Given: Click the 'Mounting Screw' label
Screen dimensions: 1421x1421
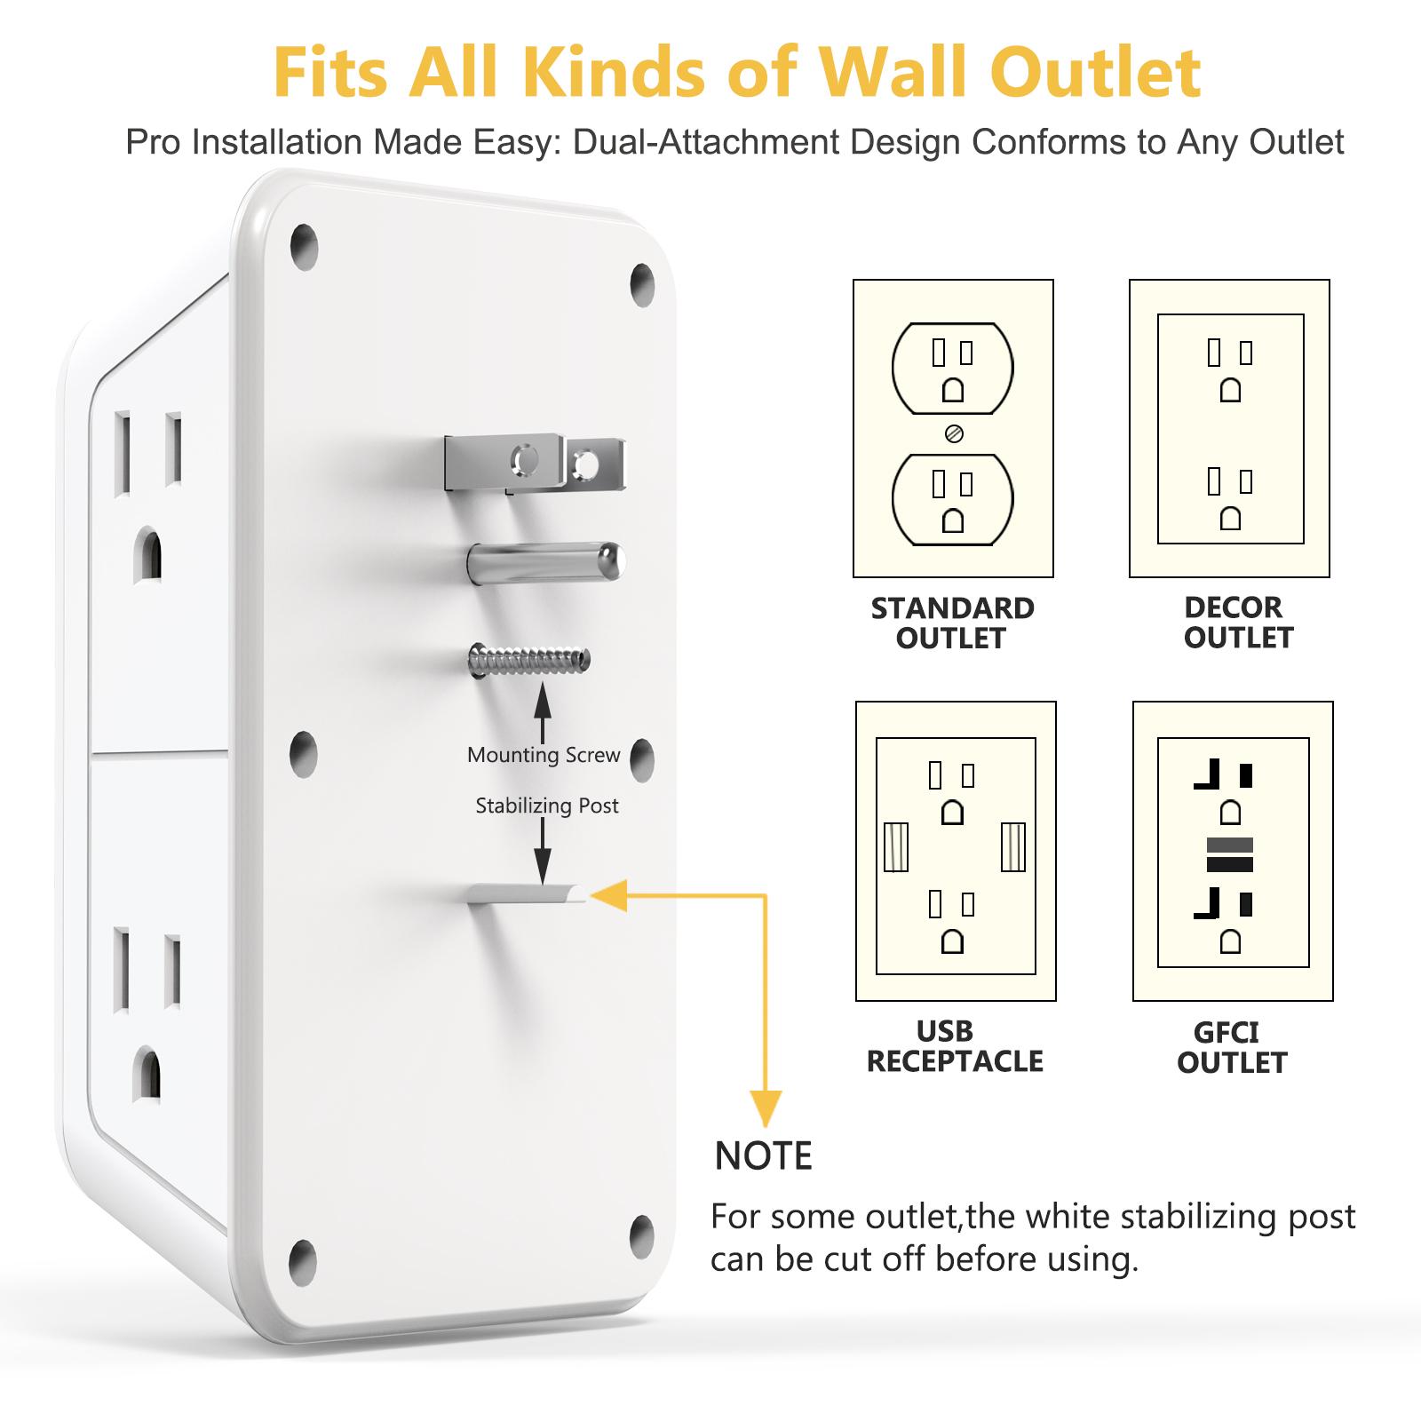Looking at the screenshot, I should click(544, 755).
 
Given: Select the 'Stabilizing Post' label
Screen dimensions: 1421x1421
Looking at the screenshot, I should click(546, 806).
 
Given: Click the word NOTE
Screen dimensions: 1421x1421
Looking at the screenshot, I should click(764, 1156).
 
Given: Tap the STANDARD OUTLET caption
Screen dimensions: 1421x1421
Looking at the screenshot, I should click(952, 623).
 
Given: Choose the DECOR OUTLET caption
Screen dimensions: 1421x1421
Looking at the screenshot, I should click(1237, 622).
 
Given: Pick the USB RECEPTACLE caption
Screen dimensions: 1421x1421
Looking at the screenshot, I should click(955, 1045).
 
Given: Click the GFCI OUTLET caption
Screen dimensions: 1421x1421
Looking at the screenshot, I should click(1232, 1047).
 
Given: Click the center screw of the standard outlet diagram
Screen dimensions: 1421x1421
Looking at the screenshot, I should click(955, 433).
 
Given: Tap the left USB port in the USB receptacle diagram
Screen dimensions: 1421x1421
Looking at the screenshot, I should click(896, 847).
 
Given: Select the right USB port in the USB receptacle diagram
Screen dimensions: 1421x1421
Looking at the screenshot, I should click(1012, 847).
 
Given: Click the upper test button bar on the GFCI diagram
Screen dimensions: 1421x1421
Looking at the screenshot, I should click(1230, 845).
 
